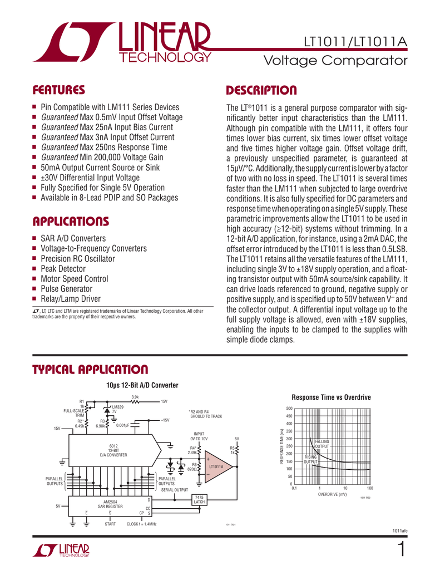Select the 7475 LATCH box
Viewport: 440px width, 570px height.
pos(199,499)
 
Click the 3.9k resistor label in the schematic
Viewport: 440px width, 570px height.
pos(135,396)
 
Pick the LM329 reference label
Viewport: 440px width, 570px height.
pos(118,407)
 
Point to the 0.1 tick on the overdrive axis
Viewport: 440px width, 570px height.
pos(295,488)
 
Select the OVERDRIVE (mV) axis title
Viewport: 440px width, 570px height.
pos(332,494)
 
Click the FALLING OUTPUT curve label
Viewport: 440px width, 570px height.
pos(322,444)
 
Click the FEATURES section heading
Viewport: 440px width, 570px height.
pos(58,90)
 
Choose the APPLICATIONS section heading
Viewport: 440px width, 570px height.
pos(71,222)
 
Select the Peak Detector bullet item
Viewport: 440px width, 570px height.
pos(63,269)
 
